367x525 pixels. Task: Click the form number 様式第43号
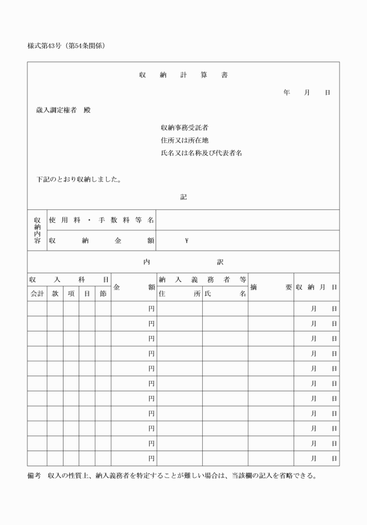coord(46,45)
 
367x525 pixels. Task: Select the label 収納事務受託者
coord(185,127)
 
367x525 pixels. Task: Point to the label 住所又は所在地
coord(185,140)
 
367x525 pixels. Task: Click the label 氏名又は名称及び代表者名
coord(201,153)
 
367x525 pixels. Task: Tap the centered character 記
coord(183,197)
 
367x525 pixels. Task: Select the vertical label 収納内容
coord(37,230)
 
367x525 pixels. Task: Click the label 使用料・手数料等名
coord(101,220)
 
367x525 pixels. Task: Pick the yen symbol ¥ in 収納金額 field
coord(186,241)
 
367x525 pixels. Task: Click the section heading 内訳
coord(183,262)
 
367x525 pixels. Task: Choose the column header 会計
coord(37,294)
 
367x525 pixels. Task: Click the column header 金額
coord(133,287)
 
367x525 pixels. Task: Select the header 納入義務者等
coord(202,280)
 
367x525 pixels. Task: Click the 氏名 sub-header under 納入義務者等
coord(225,294)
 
